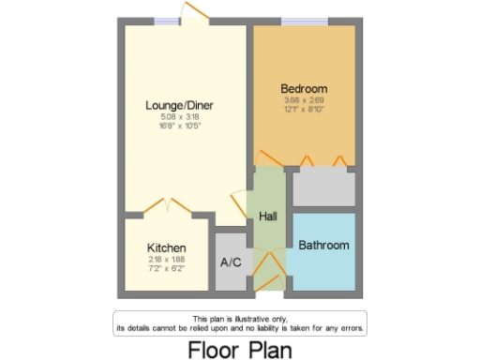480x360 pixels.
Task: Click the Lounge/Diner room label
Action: coord(179,105)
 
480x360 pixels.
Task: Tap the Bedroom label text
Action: coord(304,89)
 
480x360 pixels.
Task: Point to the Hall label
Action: coord(268,217)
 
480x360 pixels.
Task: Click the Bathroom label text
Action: coord(323,246)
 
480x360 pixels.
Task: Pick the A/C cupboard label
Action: coord(231,262)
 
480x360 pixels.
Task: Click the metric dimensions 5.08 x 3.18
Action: coord(179,116)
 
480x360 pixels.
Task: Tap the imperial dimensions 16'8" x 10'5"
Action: coord(179,126)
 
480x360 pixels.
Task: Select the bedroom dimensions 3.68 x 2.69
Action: coord(304,100)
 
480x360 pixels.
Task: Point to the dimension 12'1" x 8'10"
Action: coord(304,110)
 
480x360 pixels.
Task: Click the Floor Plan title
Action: coord(240,348)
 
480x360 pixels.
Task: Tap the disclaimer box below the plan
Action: coord(240,323)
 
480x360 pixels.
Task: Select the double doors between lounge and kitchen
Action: coord(168,204)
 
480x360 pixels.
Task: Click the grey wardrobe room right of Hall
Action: coord(323,187)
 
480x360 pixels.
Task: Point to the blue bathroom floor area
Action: coord(323,267)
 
